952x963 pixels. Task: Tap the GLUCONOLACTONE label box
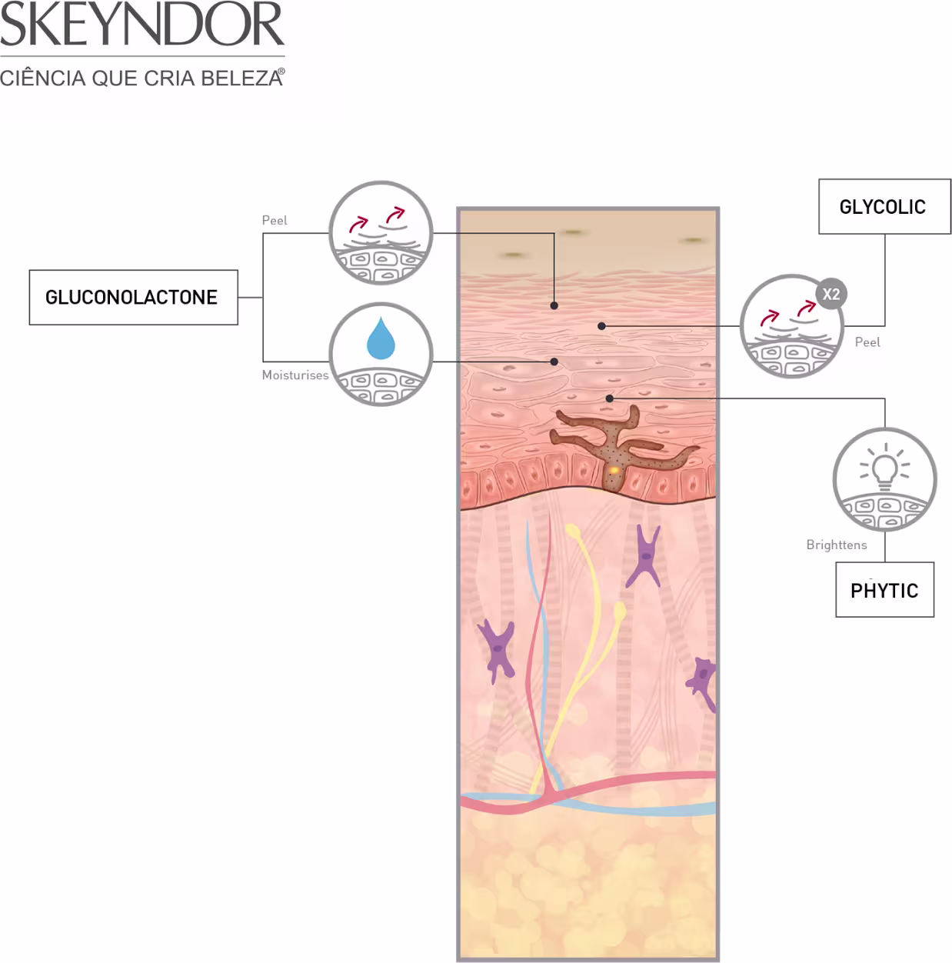[x=134, y=298]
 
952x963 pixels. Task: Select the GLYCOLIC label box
[x=884, y=206]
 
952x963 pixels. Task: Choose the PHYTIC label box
[x=884, y=589]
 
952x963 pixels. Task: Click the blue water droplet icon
[x=381, y=338]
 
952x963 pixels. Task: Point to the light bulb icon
[x=884, y=467]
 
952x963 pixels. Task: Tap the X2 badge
[x=831, y=294]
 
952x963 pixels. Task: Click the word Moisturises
[x=295, y=375]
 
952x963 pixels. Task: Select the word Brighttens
[x=836, y=545]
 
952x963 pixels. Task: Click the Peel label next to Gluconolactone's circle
[x=275, y=221]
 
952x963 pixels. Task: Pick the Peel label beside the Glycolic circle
[x=867, y=342]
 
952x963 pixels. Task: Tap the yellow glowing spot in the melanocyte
[x=614, y=470]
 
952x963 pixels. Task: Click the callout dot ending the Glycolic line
[x=601, y=326]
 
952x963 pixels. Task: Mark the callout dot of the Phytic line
[x=609, y=398]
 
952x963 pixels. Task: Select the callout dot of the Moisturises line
[x=554, y=362]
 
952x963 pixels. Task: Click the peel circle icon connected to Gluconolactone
[x=381, y=233]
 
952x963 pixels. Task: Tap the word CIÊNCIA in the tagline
[x=43, y=78]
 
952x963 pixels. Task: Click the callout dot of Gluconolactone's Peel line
[x=554, y=305]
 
